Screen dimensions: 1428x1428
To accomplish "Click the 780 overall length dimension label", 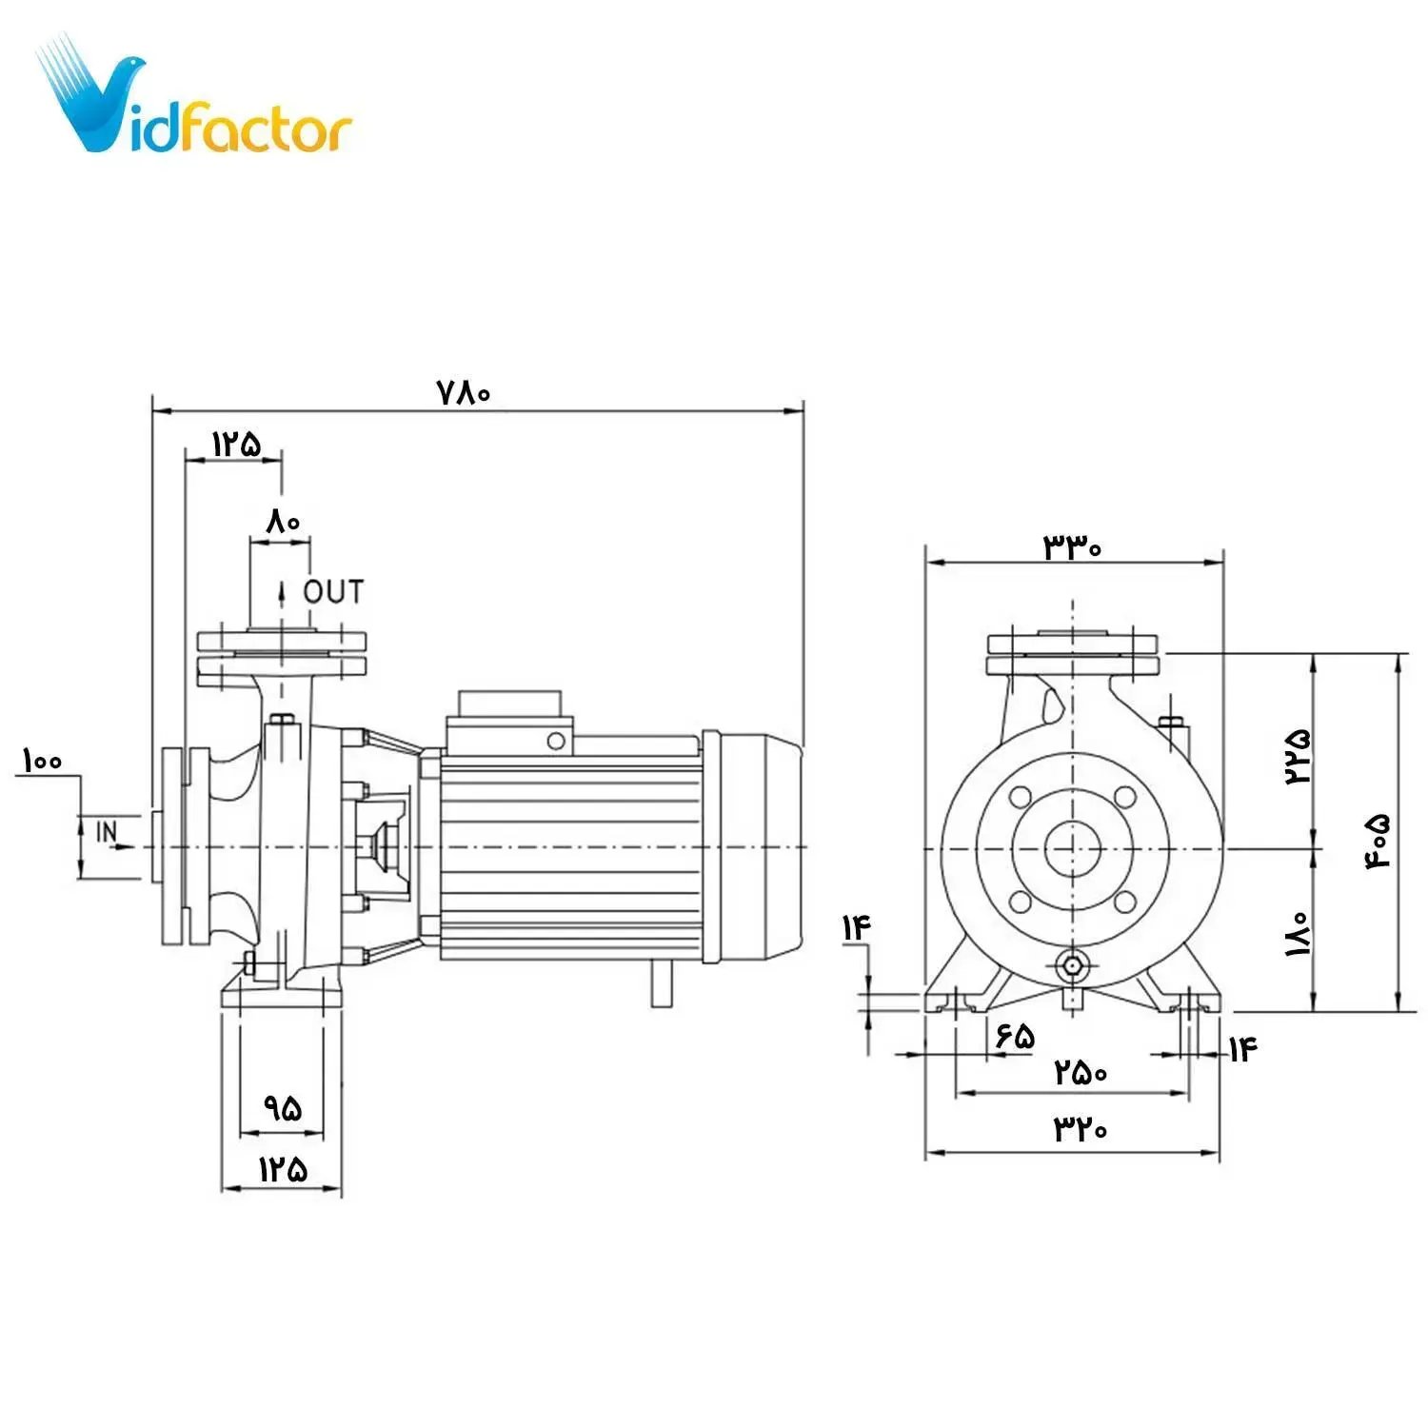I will tap(464, 392).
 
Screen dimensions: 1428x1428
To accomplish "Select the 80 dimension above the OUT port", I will tap(283, 522).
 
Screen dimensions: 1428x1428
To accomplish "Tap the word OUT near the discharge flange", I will tap(333, 592).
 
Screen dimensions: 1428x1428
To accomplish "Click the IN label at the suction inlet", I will tap(108, 832).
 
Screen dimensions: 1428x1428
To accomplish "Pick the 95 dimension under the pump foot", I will tap(283, 1108).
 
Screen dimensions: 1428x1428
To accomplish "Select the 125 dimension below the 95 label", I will tap(283, 1169).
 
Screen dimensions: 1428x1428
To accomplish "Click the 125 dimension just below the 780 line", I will tap(235, 444).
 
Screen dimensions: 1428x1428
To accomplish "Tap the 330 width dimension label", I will tap(1073, 547).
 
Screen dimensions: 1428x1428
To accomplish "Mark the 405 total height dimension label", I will tap(1379, 841).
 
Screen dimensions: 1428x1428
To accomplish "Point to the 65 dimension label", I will tap(1015, 1036).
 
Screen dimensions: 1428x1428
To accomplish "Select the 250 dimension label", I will tap(1081, 1074).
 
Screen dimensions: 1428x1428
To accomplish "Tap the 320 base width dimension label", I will tap(1081, 1129).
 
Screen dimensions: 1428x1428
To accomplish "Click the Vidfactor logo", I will tap(195, 100).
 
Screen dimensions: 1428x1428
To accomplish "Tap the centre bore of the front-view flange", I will tap(1073, 848).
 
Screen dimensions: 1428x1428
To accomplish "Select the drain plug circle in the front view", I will tap(1073, 965).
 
